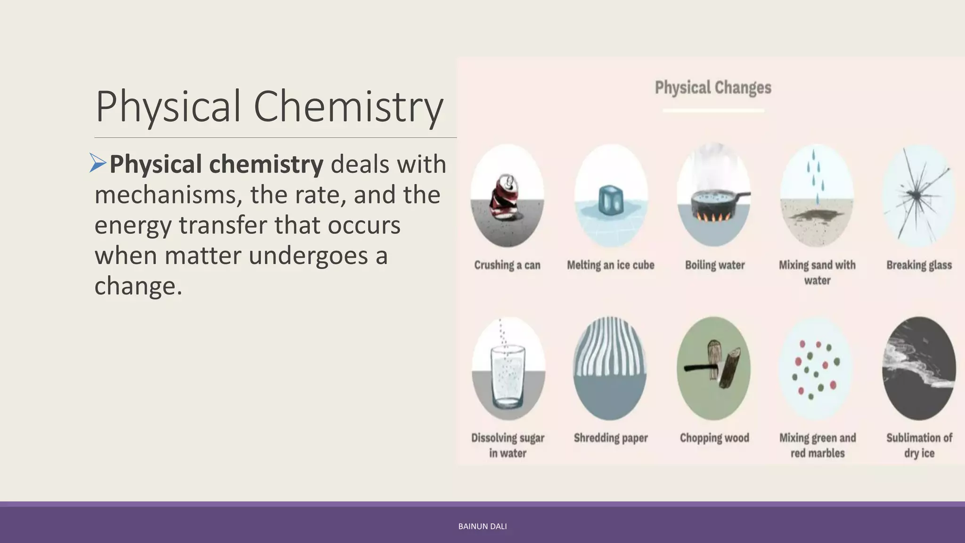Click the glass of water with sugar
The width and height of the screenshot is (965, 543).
pyautogui.click(x=507, y=377)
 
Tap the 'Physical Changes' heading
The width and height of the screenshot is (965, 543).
pyautogui.click(x=713, y=88)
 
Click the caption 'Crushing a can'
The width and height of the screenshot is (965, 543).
pyautogui.click(x=507, y=265)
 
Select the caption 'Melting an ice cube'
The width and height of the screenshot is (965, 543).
pyautogui.click(x=611, y=265)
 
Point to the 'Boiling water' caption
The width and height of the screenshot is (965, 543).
pyautogui.click(x=715, y=265)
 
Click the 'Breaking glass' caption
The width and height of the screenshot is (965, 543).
pyautogui.click(x=919, y=265)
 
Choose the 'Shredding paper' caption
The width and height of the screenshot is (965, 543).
pyautogui.click(x=611, y=438)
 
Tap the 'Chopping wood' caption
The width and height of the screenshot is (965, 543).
pyautogui.click(x=714, y=438)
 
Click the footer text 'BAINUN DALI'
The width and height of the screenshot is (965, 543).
pyautogui.click(x=482, y=527)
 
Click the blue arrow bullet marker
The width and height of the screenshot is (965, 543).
pyautogui.click(x=98, y=163)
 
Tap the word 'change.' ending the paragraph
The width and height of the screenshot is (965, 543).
pyautogui.click(x=138, y=286)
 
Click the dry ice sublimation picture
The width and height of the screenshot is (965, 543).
pyautogui.click(x=919, y=369)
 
